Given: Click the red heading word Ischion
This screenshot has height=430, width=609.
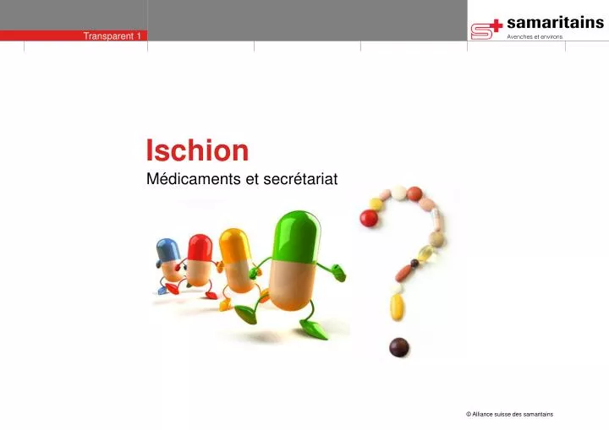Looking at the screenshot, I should [x=197, y=150].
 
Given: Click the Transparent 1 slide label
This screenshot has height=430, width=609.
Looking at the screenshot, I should [x=112, y=35].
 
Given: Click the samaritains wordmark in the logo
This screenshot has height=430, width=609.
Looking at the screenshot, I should [x=554, y=23].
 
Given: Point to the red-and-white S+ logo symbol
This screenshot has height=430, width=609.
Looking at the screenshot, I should [x=486, y=29].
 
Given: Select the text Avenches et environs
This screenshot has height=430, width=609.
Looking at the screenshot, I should [x=534, y=37].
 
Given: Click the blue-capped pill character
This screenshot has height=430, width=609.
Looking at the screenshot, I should [x=168, y=263].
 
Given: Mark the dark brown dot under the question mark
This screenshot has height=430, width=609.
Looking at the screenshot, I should [x=398, y=346].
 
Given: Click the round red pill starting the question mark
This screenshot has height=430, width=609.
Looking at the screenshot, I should [x=369, y=218].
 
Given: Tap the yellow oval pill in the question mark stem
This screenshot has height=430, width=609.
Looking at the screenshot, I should [x=397, y=307].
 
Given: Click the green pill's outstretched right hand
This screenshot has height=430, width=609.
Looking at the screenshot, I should [x=337, y=272].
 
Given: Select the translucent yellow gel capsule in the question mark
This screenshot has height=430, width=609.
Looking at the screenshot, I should [x=427, y=253].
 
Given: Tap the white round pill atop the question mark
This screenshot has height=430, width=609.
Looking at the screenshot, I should [x=398, y=193].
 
